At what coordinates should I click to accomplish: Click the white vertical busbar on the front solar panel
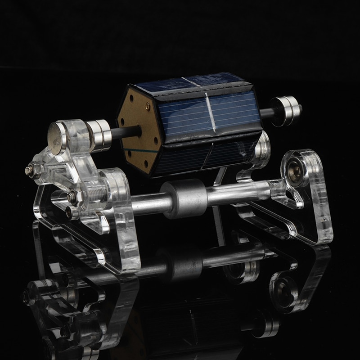tap(208, 110)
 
